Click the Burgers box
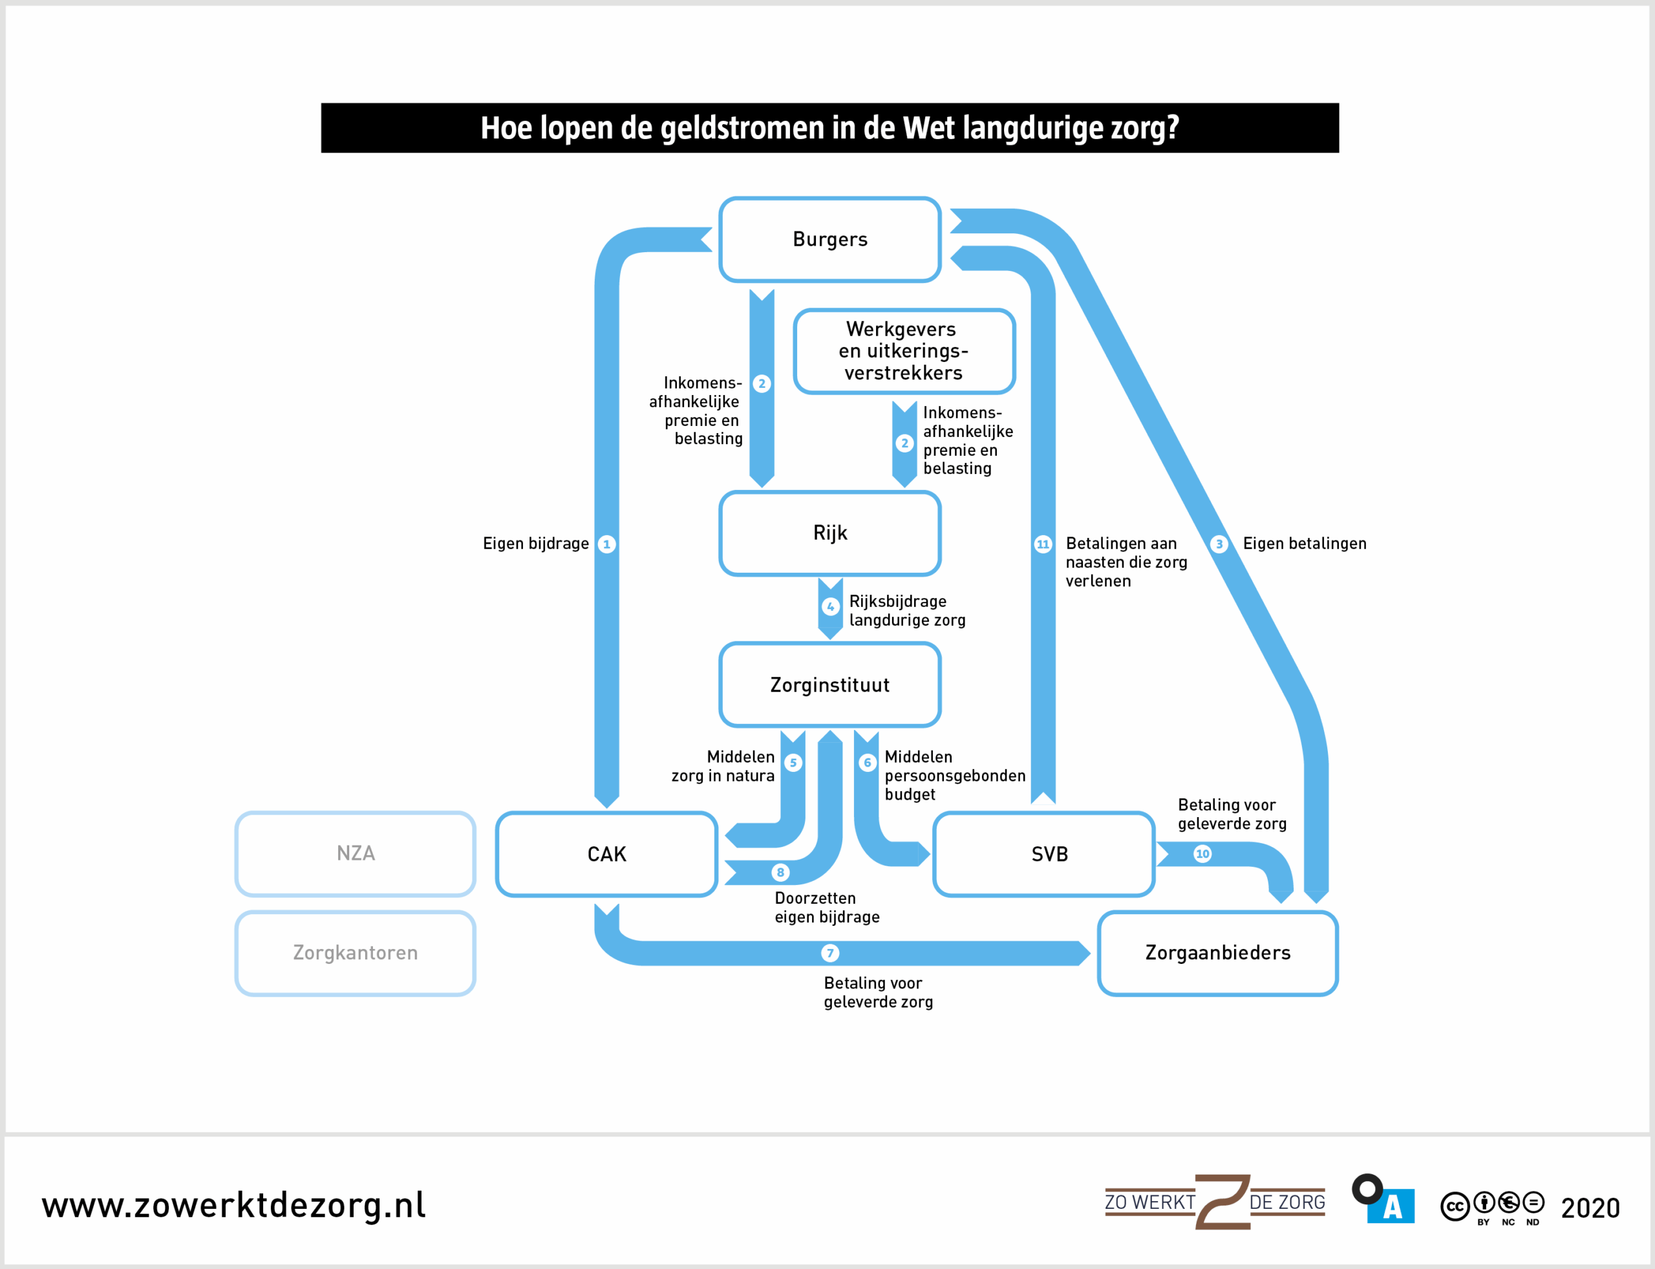829,239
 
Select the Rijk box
829,533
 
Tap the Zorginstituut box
829,685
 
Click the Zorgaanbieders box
1217,954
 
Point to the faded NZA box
355,853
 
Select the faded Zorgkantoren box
355,954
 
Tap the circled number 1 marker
606,544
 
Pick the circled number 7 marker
830,954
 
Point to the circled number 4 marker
831,606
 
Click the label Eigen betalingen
1305,544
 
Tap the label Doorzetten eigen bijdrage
827,908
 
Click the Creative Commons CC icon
1454,1207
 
